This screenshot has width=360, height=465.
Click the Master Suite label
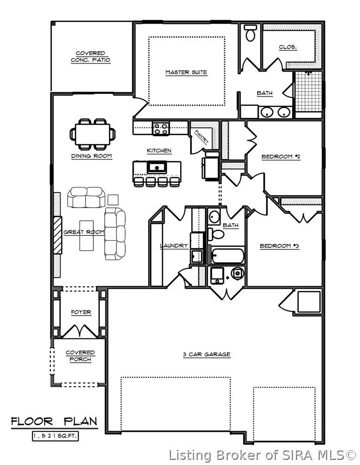(x=186, y=72)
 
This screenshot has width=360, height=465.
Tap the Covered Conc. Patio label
(x=91, y=57)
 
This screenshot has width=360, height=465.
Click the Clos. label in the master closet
(x=288, y=47)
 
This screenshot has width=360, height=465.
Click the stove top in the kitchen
(x=161, y=128)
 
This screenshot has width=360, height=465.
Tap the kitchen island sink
(x=157, y=166)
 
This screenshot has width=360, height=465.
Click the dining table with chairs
(x=92, y=134)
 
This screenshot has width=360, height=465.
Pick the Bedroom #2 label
(x=281, y=157)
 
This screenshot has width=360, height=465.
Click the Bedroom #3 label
(x=279, y=246)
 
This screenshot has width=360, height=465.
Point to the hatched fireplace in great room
(x=57, y=235)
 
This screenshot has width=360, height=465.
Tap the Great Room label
(x=84, y=232)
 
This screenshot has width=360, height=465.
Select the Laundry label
(x=174, y=246)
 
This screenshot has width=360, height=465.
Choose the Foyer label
(x=81, y=313)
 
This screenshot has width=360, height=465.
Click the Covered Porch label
(x=80, y=356)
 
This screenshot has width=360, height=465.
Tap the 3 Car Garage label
(x=206, y=355)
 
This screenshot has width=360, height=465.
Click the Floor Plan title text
(x=54, y=421)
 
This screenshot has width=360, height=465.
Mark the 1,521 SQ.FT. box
(x=55, y=435)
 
